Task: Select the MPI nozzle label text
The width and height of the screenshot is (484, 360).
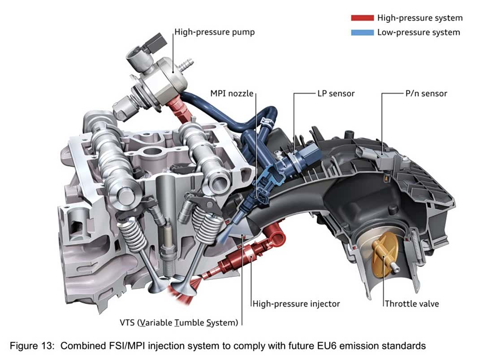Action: point(232,94)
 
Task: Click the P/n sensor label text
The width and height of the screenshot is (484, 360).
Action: point(423,94)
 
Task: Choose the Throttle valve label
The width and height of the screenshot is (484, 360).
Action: point(412,304)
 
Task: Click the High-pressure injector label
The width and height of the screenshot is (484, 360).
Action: point(296,304)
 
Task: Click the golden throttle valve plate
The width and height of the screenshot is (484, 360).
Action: point(383,256)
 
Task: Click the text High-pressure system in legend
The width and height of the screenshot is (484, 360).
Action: point(420,18)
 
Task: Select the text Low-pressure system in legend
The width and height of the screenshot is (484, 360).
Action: point(419,32)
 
